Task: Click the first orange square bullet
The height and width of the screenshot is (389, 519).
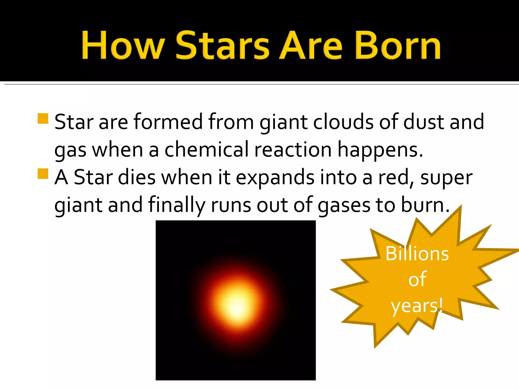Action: [x=43, y=119]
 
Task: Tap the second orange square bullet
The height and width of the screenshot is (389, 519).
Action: [x=43, y=174]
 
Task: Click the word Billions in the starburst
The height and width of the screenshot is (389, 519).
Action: [x=417, y=254]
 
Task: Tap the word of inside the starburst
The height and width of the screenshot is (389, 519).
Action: [x=417, y=279]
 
